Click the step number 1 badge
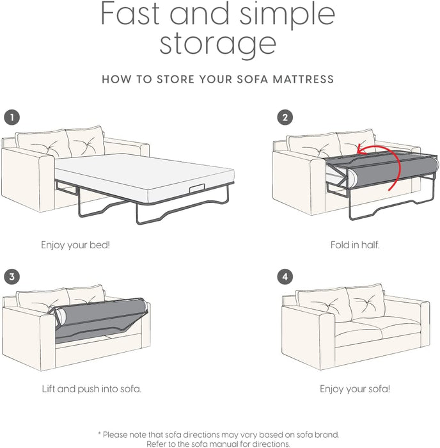tap(12, 117)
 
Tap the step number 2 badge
tap(285, 117)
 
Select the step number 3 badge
tap(12, 276)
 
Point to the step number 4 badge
tap(285, 276)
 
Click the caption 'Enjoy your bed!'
tap(75, 244)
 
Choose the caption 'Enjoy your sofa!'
tap(354, 388)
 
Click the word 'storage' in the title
tap(218, 44)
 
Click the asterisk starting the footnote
tap(99, 434)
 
